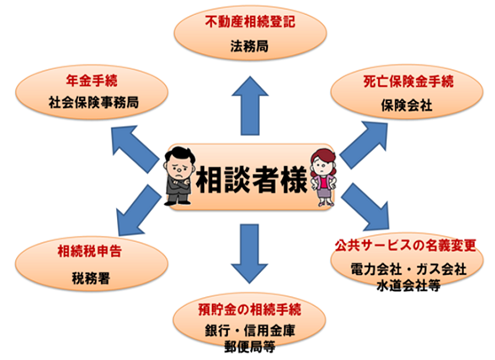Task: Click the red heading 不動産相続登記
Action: [250, 22]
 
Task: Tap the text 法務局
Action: [249, 46]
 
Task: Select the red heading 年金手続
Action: [91, 81]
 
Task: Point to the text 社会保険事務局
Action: [93, 103]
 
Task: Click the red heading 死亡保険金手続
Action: [408, 82]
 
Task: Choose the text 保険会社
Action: [406, 106]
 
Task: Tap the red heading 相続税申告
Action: [90, 251]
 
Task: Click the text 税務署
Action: [90, 278]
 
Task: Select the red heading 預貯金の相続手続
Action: [249, 309]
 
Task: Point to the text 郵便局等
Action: [249, 347]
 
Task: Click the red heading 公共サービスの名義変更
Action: [405, 245]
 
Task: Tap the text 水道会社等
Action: [408, 286]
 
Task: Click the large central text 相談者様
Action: [252, 179]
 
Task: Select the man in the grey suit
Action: [178, 176]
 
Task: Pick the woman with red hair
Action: [323, 177]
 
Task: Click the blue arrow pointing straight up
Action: [250, 106]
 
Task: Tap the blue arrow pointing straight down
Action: [249, 254]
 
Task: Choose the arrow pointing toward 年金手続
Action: [135, 149]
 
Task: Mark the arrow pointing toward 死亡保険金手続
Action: [364, 145]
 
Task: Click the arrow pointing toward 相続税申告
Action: [138, 210]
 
